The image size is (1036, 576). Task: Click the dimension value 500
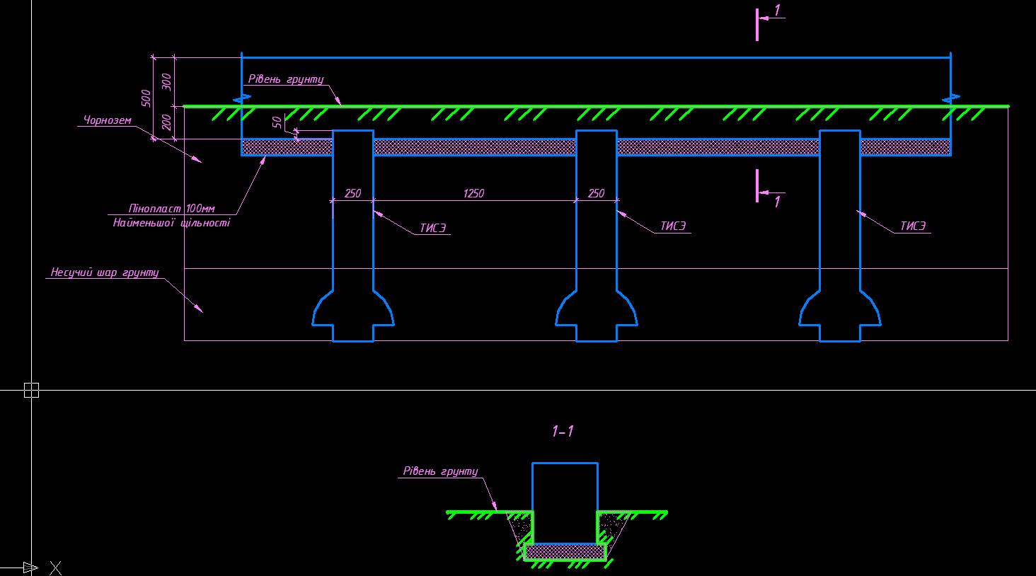click(146, 98)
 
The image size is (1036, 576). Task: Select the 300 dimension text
click(167, 82)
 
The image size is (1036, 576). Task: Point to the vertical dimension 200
click(167, 122)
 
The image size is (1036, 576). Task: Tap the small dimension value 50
click(277, 122)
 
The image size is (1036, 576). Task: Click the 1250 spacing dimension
click(473, 193)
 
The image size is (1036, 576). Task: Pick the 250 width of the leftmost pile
click(353, 193)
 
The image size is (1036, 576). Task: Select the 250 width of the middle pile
click(596, 193)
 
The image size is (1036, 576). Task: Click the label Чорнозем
click(108, 120)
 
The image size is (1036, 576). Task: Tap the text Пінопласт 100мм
click(171, 209)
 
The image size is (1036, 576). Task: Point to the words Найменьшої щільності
click(171, 223)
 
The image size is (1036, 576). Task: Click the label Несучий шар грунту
click(105, 272)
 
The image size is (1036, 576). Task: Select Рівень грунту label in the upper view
click(286, 79)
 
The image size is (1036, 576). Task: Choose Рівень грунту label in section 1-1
click(440, 471)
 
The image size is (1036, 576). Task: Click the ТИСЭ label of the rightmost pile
click(913, 226)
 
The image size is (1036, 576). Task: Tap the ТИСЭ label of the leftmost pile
click(433, 228)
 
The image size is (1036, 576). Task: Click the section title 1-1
click(563, 431)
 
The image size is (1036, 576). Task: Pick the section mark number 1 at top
click(777, 10)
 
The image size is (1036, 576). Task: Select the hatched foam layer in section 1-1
click(565, 551)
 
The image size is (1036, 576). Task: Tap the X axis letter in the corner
click(55, 568)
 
